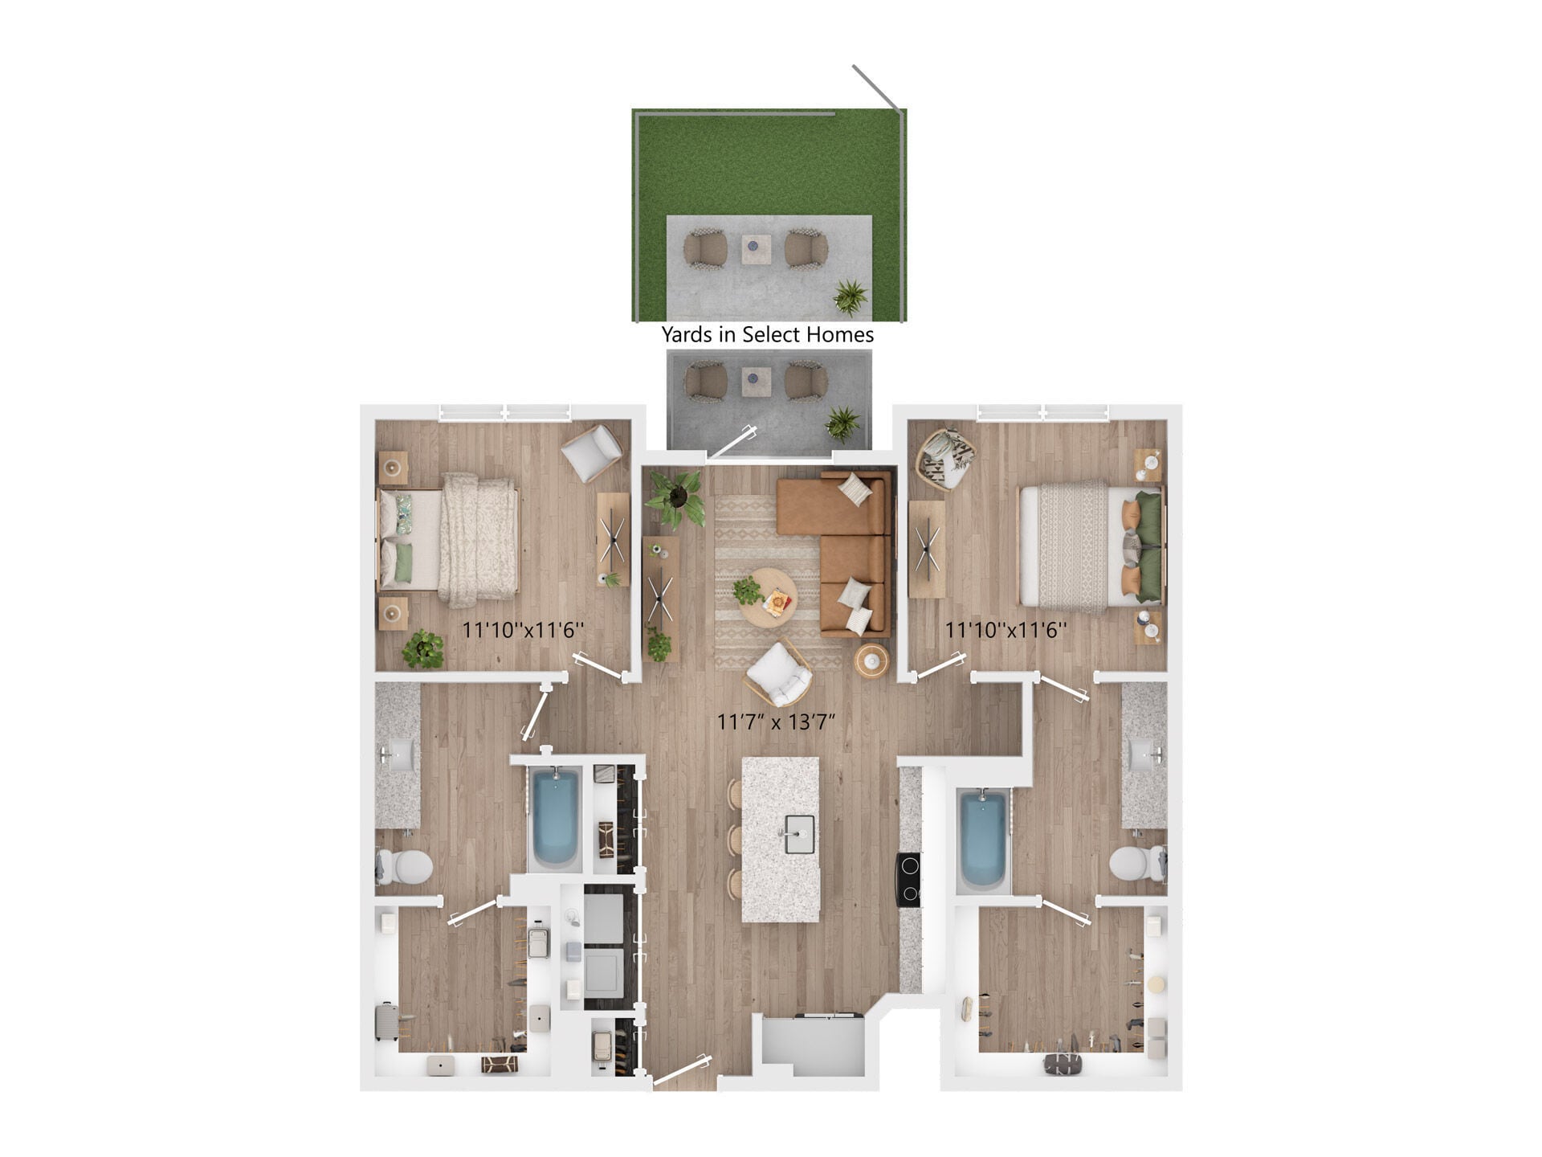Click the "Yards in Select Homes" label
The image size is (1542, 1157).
[x=767, y=334]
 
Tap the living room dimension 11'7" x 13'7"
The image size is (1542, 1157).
[x=776, y=722]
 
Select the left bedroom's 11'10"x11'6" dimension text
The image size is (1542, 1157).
[x=522, y=630]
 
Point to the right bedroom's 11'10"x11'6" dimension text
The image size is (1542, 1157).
[x=1006, y=630]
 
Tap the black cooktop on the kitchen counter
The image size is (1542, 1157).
[x=909, y=879]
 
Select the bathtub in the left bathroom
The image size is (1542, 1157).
[x=555, y=817]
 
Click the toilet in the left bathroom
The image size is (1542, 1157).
[x=407, y=867]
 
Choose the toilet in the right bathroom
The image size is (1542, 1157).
[x=1134, y=864]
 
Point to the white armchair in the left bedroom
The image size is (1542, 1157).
[x=591, y=452]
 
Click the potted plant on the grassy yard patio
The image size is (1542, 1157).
[x=851, y=296]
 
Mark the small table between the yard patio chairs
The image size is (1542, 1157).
[x=755, y=248]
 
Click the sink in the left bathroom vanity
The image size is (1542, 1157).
[x=399, y=754]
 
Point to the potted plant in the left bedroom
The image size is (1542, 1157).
[x=423, y=648]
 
